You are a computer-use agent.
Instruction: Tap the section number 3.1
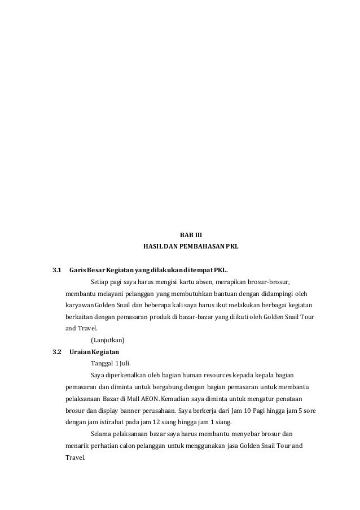pos(56,270)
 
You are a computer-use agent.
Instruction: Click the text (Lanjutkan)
pos(107,340)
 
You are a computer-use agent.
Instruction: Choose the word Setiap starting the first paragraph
pos(100,282)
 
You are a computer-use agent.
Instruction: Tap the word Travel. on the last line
pos(74,457)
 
